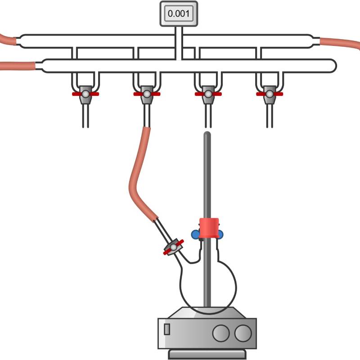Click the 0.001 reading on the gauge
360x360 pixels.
click(x=179, y=13)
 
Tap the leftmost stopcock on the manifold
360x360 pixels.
click(x=85, y=94)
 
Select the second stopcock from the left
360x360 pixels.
click(x=147, y=94)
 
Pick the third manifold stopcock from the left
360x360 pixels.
click(x=208, y=94)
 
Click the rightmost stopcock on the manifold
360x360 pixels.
click(x=270, y=94)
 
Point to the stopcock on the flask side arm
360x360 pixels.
click(x=173, y=247)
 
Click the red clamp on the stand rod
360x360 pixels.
click(x=209, y=228)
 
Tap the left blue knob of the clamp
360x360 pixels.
click(x=195, y=234)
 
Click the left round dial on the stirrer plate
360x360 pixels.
click(x=221, y=333)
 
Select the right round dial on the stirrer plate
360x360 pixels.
click(x=243, y=333)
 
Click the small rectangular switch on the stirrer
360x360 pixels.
click(x=167, y=329)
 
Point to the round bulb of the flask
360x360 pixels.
click(x=208, y=288)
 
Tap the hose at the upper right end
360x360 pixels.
click(x=340, y=43)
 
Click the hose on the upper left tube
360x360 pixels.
click(x=8, y=40)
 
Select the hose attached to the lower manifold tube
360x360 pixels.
click(x=18, y=66)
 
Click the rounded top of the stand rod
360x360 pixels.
click(x=207, y=134)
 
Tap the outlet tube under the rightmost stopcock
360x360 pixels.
click(x=270, y=116)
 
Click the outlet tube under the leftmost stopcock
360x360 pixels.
click(x=85, y=116)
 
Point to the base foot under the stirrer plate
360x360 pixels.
click(x=207, y=354)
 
